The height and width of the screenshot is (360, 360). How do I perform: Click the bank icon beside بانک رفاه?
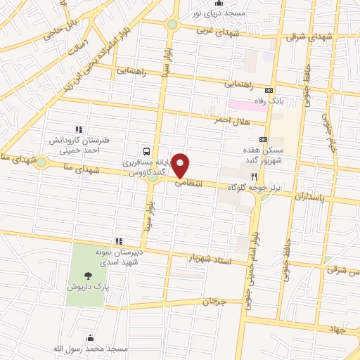click(x=268, y=90)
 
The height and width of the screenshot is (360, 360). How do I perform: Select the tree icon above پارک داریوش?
click(x=88, y=276)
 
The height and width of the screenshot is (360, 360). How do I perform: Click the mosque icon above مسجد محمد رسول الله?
click(x=89, y=337)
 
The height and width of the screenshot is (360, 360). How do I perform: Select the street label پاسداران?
click(x=310, y=199)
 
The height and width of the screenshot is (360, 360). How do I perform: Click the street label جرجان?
click(x=215, y=302)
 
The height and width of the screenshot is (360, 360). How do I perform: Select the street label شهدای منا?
click(x=89, y=168)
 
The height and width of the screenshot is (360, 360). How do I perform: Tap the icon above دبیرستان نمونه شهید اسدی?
click(x=120, y=241)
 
